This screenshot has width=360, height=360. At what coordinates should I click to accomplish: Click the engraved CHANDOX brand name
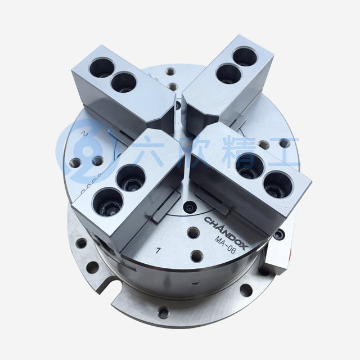[226, 232]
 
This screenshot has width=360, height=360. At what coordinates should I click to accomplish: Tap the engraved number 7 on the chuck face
[157, 250]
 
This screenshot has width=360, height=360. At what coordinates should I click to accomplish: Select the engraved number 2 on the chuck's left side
[85, 134]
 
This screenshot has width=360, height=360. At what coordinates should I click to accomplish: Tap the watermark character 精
[240, 151]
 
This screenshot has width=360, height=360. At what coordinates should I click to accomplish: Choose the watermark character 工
[285, 151]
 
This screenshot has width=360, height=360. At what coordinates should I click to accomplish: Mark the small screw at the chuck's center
[190, 208]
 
